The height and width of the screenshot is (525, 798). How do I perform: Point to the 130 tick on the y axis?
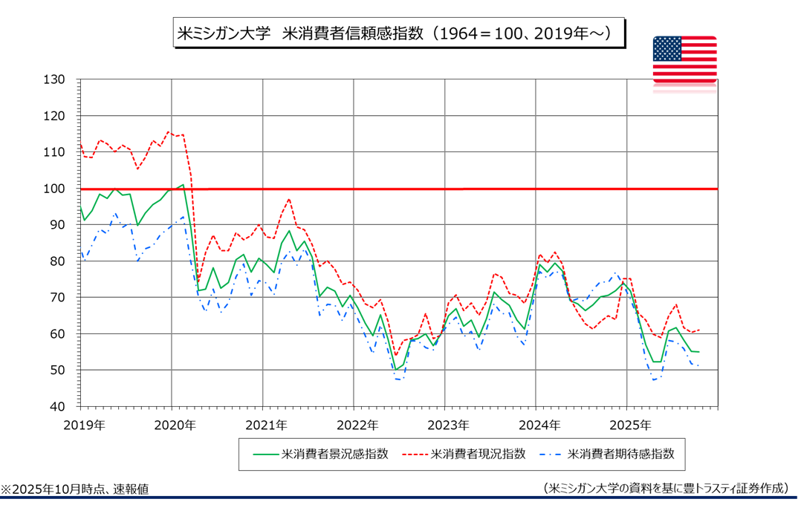tap(56, 79)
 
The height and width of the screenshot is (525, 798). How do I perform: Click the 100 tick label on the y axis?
tap(56, 189)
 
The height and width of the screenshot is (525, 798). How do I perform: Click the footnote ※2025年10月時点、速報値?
tap(74, 489)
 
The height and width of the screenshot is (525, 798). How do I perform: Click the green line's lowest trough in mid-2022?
tap(395, 369)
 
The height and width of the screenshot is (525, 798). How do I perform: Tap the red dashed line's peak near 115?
tap(169, 132)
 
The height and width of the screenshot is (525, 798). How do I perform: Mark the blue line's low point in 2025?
tap(653, 380)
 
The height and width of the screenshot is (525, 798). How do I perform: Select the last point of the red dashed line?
tap(699, 330)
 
